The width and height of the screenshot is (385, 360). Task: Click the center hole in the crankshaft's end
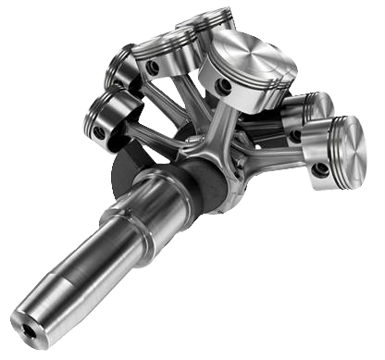[x=31, y=329]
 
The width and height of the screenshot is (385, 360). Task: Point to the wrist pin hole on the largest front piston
[x=224, y=87]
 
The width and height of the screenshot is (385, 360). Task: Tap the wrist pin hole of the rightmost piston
[x=320, y=170]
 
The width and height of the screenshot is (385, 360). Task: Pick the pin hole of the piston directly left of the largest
[x=154, y=69]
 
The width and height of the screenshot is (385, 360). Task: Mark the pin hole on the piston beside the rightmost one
[x=294, y=136]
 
